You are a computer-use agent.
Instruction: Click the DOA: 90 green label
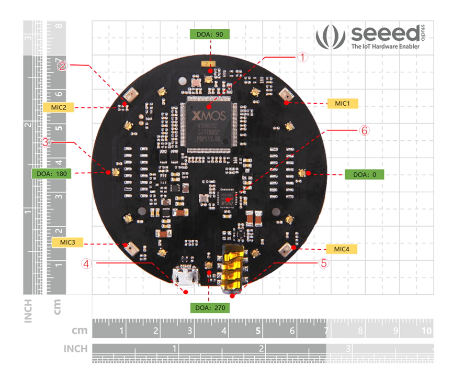[209, 34]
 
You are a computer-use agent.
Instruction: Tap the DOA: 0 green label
[364, 174]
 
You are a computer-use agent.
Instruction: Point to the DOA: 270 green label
[209, 307]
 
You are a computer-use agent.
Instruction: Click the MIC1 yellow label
[342, 103]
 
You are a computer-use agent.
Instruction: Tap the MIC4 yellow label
[341, 248]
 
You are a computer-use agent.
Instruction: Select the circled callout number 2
[62, 66]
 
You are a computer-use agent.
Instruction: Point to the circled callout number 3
[47, 142]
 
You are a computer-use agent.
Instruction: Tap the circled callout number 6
[364, 131]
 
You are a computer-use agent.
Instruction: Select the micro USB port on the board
[186, 276]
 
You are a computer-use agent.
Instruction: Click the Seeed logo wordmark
[384, 34]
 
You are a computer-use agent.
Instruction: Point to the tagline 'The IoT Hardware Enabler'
[385, 47]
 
